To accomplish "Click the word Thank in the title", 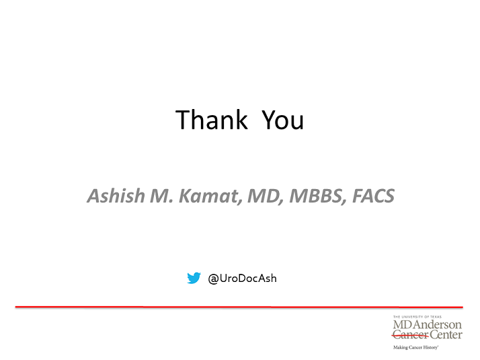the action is click(211, 119).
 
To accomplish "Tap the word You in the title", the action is click(282, 120).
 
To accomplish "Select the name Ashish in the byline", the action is click(116, 195).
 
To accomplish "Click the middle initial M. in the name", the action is click(162, 196).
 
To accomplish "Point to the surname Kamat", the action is click(210, 196).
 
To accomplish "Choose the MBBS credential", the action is click(318, 196).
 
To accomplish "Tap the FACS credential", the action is click(374, 196).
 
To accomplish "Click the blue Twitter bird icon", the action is click(194, 278).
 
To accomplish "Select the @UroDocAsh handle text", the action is click(242, 279).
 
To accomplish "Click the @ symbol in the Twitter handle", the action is click(213, 279).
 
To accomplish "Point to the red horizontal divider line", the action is click(239, 307).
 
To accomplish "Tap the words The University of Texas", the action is click(417, 317).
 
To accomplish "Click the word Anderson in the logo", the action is click(438, 324).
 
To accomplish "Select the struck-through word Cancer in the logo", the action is click(411, 335).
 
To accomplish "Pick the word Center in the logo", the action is click(446, 334).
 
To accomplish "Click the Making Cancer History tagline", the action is click(415, 347).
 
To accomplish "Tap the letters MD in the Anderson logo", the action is click(403, 324).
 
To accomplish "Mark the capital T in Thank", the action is click(183, 120).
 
